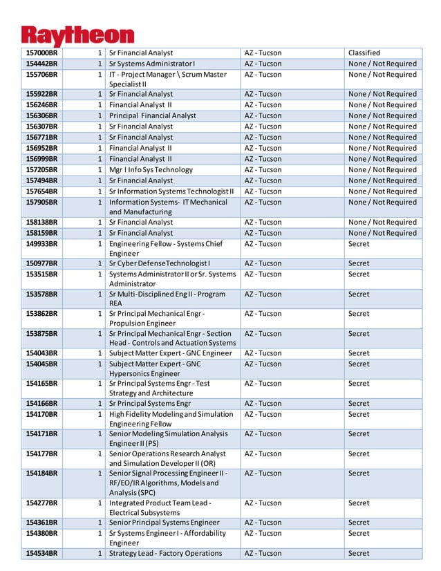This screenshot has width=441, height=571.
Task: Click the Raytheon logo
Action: click(77, 35)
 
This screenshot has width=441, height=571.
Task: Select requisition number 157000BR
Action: click(41, 53)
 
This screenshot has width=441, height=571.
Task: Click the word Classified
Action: click(364, 53)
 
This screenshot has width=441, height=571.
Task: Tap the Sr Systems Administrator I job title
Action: click(152, 64)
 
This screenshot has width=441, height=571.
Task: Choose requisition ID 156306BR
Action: click(41, 116)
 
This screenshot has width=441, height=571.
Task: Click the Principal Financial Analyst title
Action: click(153, 116)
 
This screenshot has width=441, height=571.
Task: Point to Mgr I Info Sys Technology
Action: click(151, 170)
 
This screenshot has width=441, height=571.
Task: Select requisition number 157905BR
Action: click(41, 203)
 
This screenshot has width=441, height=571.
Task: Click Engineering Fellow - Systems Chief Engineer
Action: click(166, 249)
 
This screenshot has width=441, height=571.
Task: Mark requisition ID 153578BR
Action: click(41, 294)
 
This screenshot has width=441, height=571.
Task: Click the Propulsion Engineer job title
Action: click(157, 319)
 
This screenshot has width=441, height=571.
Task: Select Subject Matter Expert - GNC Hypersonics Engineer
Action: click(156, 369)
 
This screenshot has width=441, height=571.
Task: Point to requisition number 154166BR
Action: click(41, 404)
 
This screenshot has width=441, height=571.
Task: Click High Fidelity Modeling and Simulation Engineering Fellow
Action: click(171, 419)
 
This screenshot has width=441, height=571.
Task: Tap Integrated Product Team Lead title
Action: click(160, 508)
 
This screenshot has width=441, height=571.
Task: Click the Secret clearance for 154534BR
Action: click(359, 554)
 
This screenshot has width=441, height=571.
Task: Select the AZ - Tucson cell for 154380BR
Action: click(263, 534)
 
